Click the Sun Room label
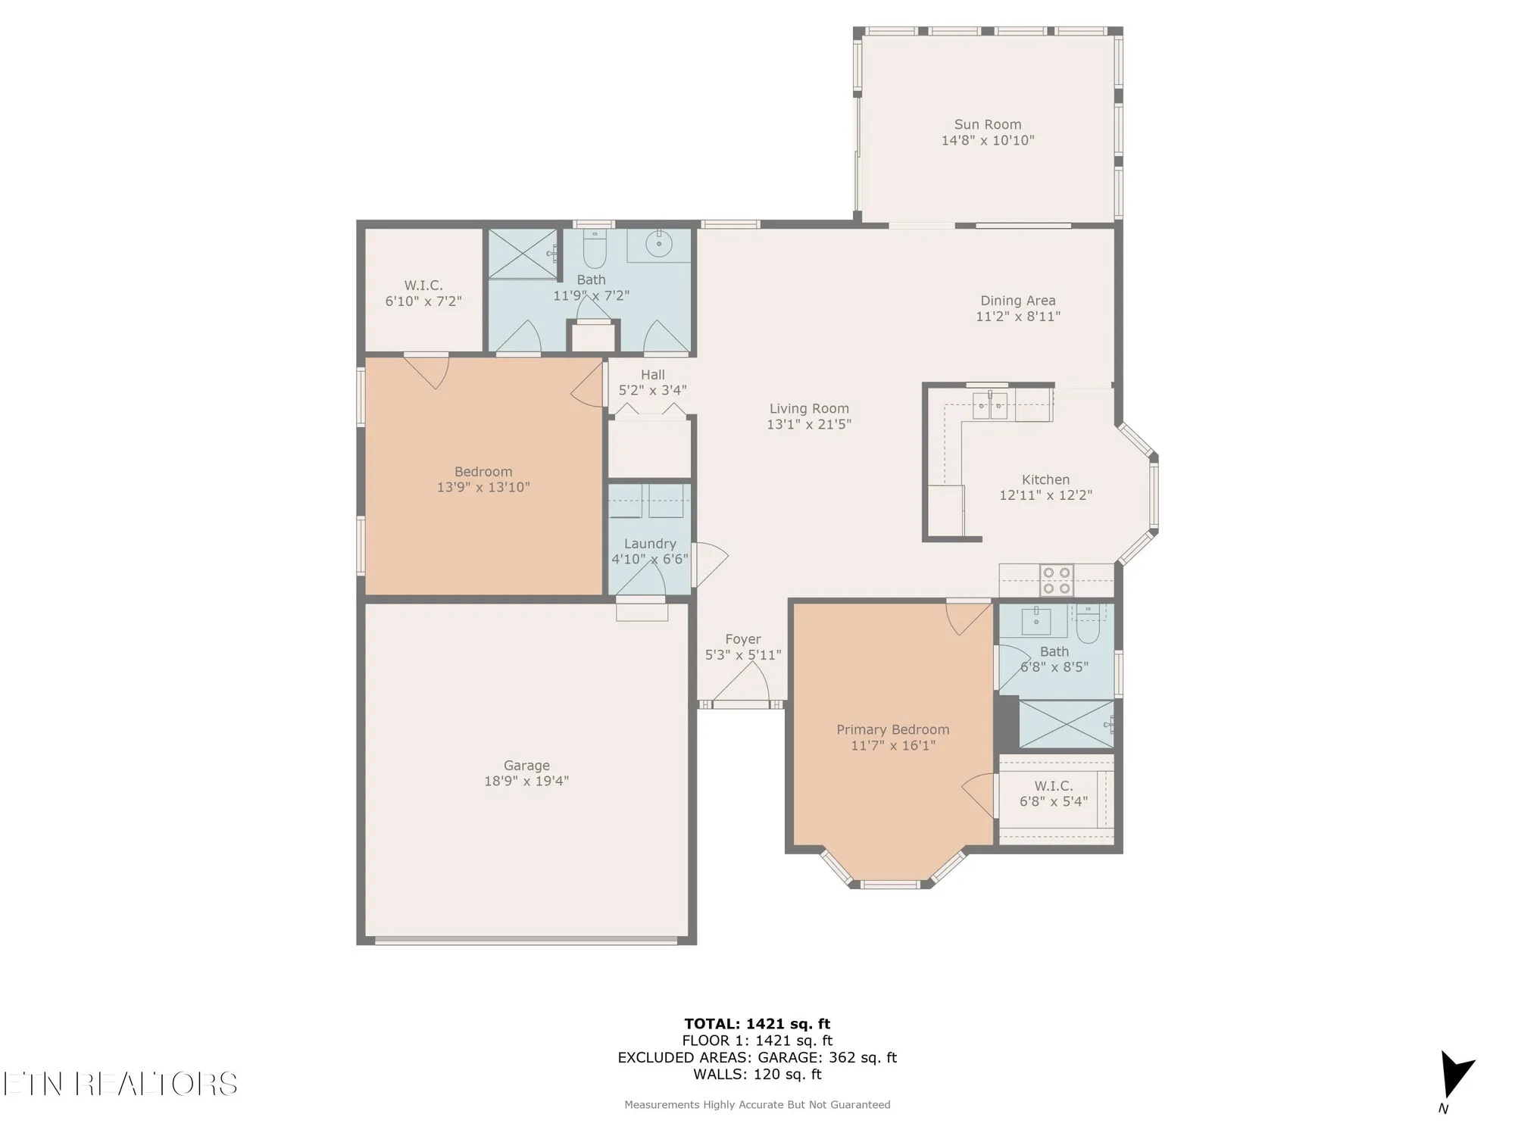coord(987,124)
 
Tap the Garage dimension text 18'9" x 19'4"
coord(526,781)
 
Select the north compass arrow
coord(1456,1074)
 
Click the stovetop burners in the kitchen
coord(1056,580)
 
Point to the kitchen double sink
coord(990,406)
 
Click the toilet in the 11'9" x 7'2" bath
coord(595,249)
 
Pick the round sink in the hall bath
coord(659,244)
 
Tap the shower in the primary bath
coord(1067,724)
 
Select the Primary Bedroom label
coord(892,729)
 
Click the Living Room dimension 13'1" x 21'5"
coord(809,424)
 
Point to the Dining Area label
coord(1017,301)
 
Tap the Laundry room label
coord(650,544)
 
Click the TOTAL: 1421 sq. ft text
coord(757,1025)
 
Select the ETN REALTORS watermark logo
coord(120,1085)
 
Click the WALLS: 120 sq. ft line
coord(757,1074)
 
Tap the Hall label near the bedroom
coord(652,375)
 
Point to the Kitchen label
coord(1045,479)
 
